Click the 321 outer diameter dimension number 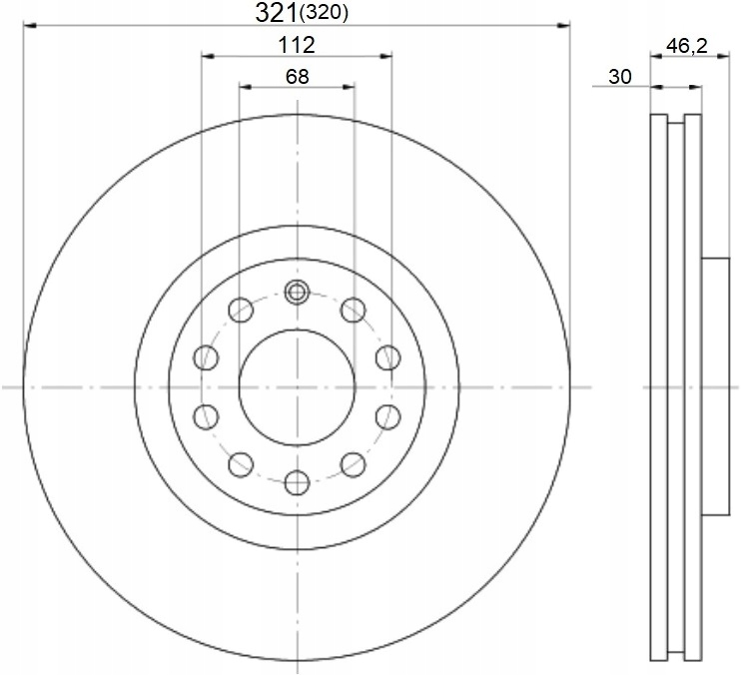tap(277, 13)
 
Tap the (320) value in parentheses tap(324, 14)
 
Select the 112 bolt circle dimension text tap(297, 45)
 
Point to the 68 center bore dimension tap(298, 77)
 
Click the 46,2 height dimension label tap(687, 46)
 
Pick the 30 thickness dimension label tap(619, 77)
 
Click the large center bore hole tap(297, 387)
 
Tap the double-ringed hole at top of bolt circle tap(297, 292)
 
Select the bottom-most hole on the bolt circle tap(298, 482)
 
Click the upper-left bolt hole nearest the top tap(241, 310)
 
